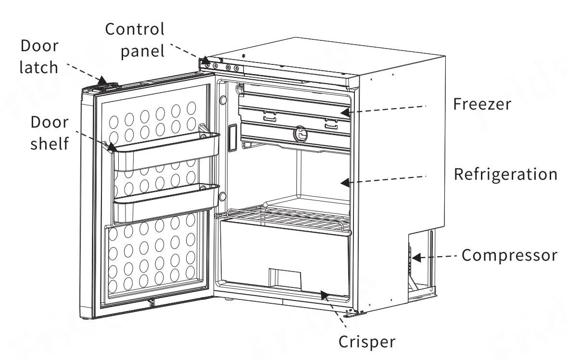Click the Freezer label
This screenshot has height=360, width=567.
(x=482, y=104)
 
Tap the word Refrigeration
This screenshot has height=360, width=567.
(x=505, y=174)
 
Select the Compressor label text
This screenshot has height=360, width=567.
(x=509, y=255)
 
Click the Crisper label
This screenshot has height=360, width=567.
(x=367, y=342)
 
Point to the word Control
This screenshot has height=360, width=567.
(x=135, y=29)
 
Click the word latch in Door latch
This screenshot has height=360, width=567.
(x=38, y=67)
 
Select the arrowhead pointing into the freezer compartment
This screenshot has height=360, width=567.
(x=344, y=112)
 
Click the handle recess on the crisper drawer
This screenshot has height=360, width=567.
(x=285, y=278)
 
